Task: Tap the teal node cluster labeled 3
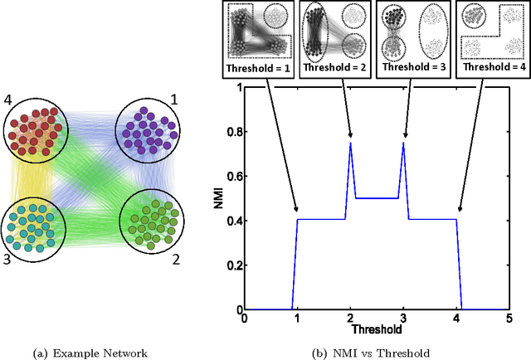pyautogui.click(x=35, y=225)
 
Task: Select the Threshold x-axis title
pyautogui.click(x=378, y=328)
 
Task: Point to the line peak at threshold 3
pyautogui.click(x=404, y=143)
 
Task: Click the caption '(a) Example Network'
pyautogui.click(x=90, y=352)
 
